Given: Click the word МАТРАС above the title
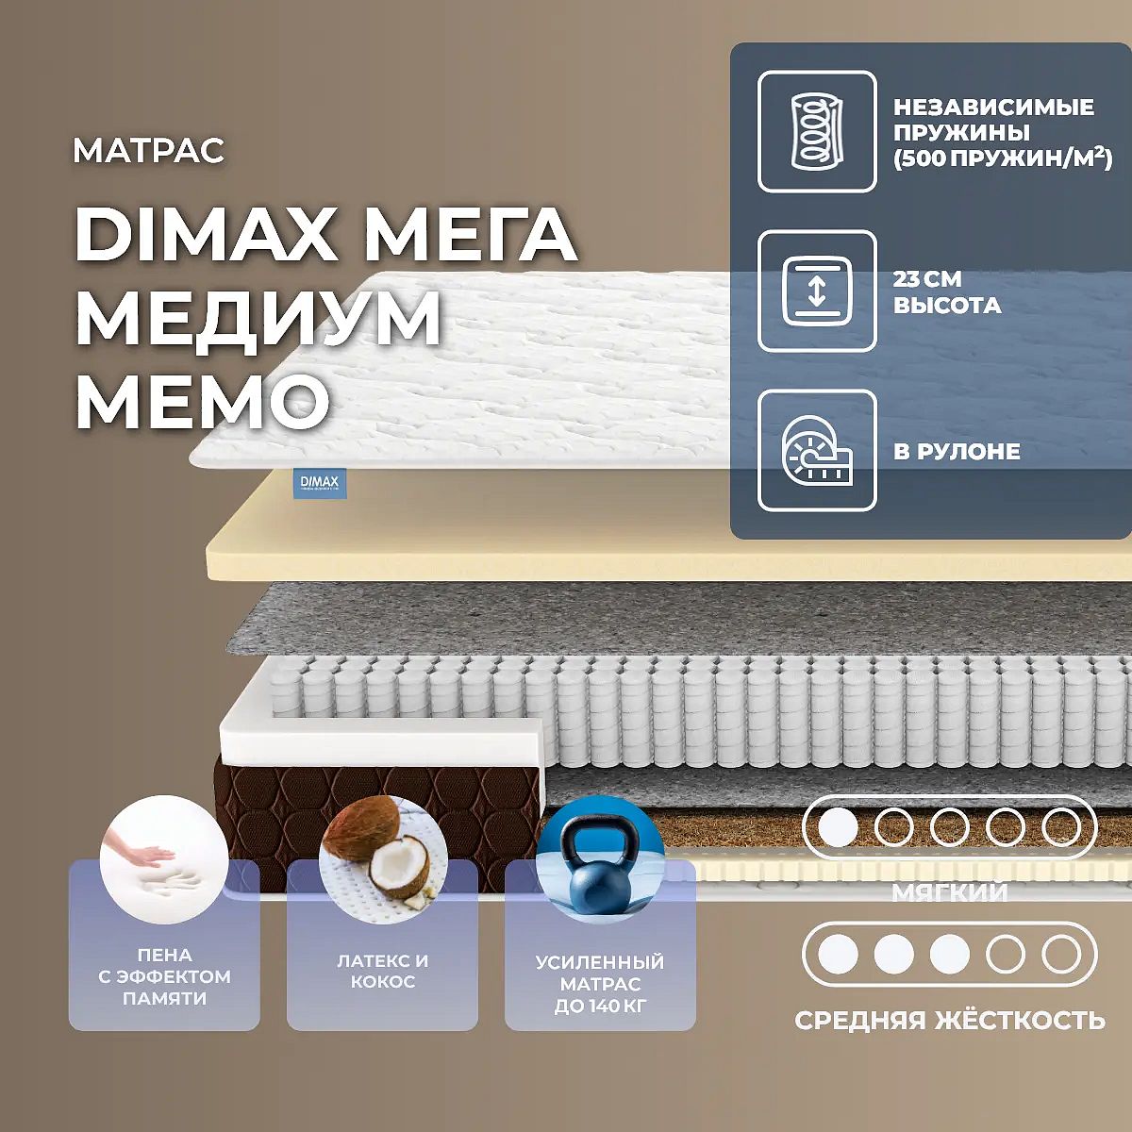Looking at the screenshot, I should point(149,151).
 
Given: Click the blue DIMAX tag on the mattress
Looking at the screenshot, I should point(319,483).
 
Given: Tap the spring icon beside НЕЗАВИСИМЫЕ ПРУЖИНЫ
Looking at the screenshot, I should point(817,132).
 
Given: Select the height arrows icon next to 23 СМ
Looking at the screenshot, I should point(817,291).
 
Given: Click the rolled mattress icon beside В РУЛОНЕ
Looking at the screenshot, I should point(817,451).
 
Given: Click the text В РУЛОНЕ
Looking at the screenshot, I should point(957,452).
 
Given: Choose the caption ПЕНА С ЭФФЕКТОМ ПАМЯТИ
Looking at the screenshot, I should point(164,976).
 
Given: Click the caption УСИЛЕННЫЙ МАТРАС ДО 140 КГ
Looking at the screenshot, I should point(600,984).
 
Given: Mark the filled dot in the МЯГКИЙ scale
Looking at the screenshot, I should point(838,827).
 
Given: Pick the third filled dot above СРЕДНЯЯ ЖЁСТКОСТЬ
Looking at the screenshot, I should point(949,955).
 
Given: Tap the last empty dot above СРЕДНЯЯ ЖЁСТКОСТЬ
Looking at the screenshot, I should point(1061,955).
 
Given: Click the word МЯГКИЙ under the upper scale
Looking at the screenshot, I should point(950,891).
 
